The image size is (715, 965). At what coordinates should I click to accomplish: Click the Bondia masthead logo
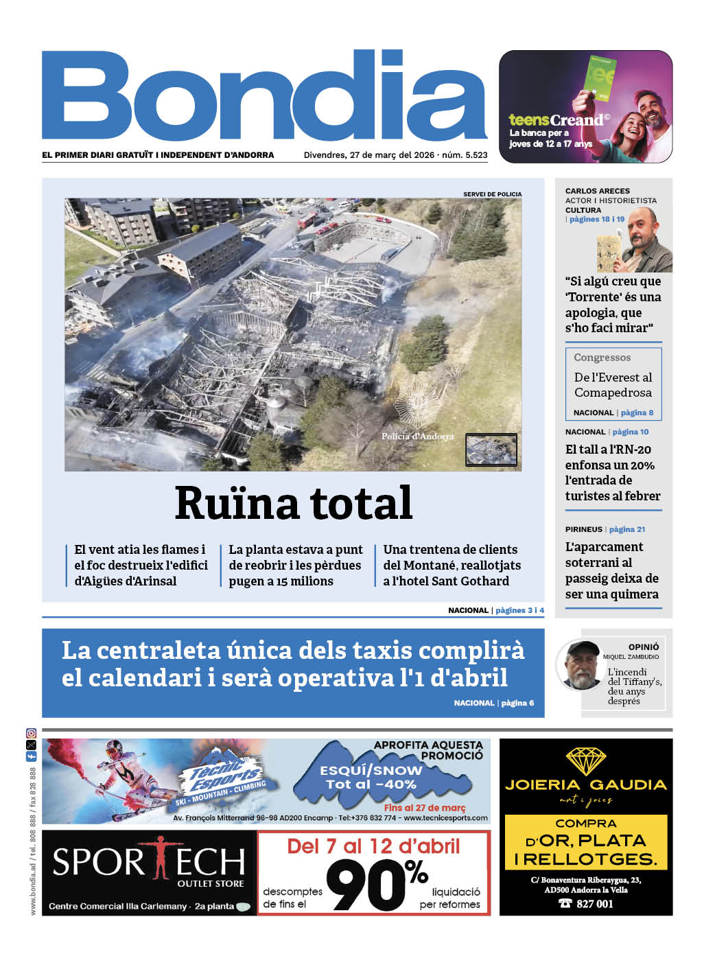point(264,96)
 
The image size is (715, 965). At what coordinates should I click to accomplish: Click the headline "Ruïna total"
point(294,503)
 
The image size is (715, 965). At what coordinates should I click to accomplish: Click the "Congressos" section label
point(602,358)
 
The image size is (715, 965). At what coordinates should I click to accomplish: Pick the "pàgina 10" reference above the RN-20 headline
point(630,432)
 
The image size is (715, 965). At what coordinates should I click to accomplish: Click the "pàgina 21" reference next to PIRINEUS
point(626,529)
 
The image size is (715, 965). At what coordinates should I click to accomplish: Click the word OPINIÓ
point(644,647)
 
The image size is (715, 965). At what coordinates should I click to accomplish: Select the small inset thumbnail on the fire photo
point(491,450)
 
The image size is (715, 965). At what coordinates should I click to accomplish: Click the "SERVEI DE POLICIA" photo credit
point(492,194)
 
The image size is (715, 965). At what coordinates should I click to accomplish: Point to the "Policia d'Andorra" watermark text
point(418,437)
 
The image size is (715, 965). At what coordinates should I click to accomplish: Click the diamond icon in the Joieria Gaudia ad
point(585,760)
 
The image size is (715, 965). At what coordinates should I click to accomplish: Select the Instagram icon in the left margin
point(31,734)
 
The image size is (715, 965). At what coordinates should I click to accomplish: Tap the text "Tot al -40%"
point(371,784)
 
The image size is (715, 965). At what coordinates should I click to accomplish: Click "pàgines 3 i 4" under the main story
point(519,610)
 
